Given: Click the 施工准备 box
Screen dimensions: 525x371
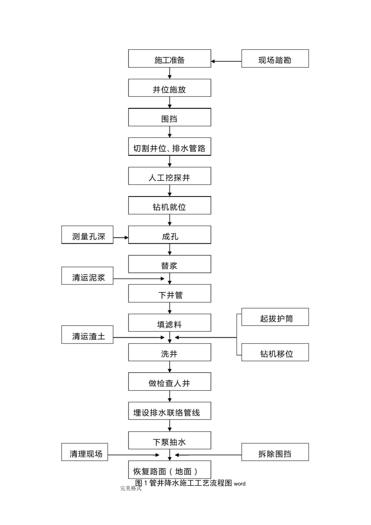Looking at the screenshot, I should point(169,59).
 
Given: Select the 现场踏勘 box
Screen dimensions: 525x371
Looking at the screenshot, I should point(275,59).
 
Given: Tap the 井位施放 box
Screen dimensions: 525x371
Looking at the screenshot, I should point(169,88).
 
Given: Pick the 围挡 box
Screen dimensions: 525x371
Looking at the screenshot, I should point(169,118).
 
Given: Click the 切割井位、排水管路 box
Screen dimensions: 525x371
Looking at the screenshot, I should point(169,147).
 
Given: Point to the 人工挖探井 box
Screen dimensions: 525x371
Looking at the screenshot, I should point(169,176).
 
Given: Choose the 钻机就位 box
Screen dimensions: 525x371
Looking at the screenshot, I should point(169,206).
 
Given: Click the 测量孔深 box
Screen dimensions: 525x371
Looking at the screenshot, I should point(87,235).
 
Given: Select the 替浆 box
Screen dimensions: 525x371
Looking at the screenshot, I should point(169,264).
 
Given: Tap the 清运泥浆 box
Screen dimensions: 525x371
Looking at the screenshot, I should point(87,276).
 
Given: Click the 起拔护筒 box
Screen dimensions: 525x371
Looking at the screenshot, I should point(275,317).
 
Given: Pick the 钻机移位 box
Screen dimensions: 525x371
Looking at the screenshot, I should point(275,352).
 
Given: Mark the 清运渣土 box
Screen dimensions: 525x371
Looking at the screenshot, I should point(87,335).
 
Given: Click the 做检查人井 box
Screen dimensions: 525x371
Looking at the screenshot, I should point(169,382).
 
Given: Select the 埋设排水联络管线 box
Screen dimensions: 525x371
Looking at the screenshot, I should point(169,411).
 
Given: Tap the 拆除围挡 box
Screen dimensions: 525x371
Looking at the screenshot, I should point(275,452).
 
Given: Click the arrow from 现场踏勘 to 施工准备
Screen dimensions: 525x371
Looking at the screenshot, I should point(226,61).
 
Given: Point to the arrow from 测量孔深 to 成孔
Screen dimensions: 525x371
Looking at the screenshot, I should point(121,237).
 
